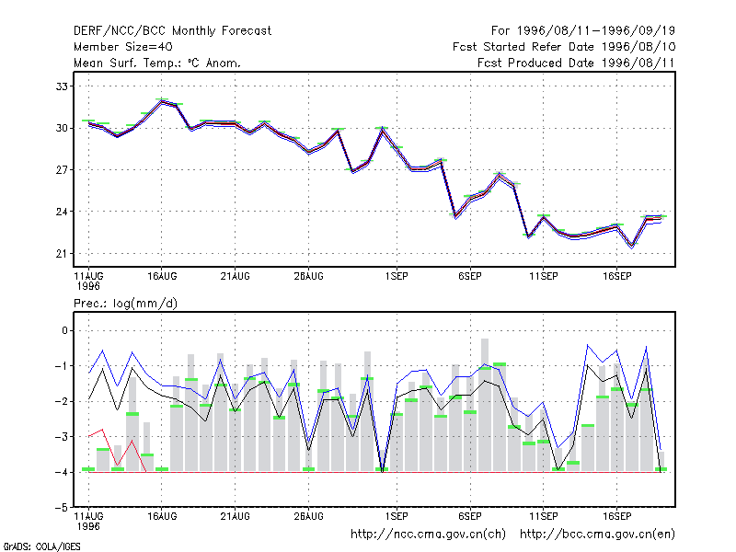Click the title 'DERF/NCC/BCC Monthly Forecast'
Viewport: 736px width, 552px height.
(172, 31)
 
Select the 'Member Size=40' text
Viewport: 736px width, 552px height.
(123, 47)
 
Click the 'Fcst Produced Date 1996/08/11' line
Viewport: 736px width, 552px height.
(576, 63)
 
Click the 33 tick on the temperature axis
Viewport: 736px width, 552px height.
(62, 86)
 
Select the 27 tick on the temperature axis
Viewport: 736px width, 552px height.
(62, 169)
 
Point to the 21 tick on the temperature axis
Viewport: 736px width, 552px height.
(62, 254)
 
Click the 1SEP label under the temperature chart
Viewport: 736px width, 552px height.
(397, 276)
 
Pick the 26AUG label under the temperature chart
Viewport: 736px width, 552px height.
(308, 276)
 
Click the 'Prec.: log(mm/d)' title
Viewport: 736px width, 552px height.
(125, 304)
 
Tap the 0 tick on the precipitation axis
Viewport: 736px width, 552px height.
(64, 330)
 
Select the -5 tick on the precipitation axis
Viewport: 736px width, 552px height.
(62, 508)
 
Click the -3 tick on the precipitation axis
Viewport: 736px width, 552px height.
(62, 436)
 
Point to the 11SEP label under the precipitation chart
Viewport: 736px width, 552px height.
(543, 516)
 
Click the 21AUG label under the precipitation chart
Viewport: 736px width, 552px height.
(235, 516)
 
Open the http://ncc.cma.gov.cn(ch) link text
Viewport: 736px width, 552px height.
(428, 534)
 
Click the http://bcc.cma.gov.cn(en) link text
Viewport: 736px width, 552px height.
(597, 534)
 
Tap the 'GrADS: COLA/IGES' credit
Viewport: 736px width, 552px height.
(41, 546)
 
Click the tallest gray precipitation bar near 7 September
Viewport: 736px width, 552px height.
(485, 405)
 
